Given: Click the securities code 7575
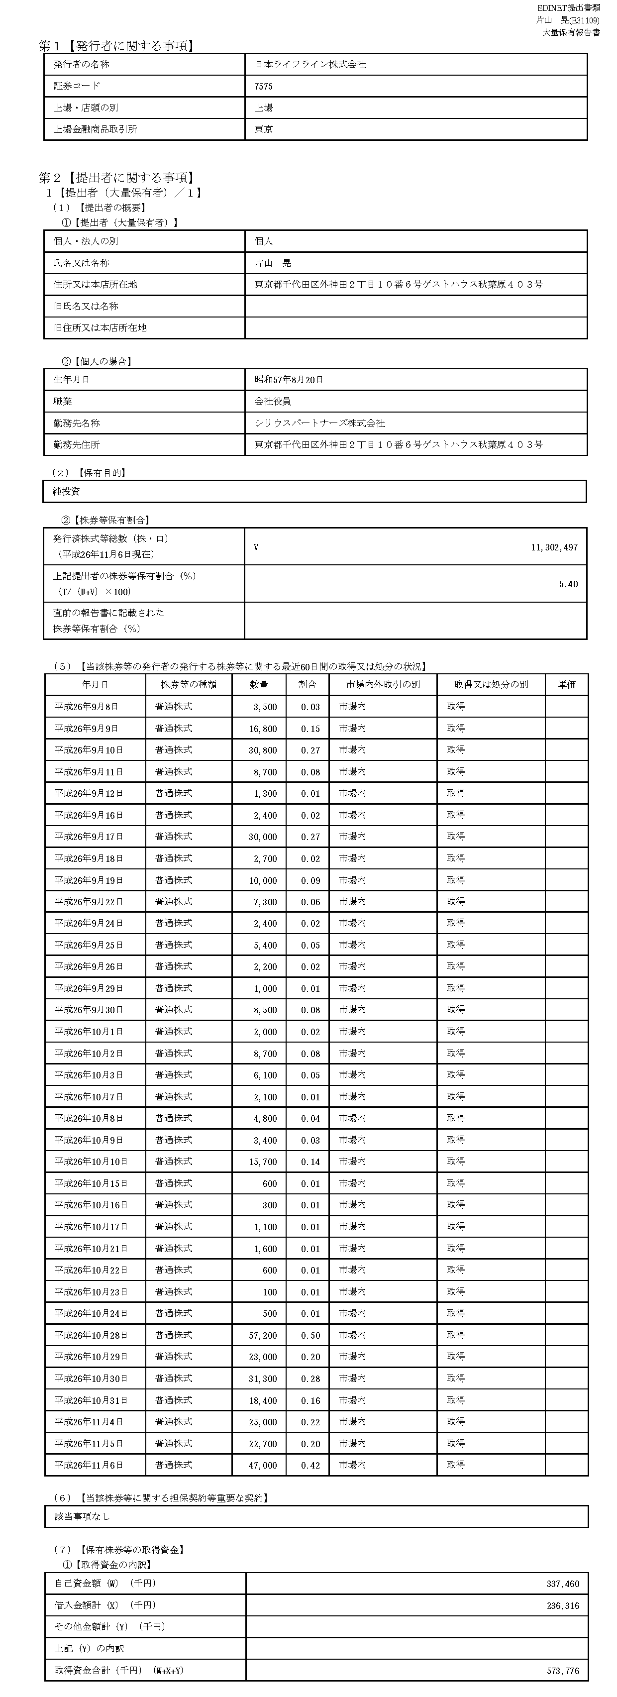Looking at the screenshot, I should click(263, 86).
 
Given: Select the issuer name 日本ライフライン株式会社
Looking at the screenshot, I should click(310, 65).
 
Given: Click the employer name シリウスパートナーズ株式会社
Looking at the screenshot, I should click(319, 423).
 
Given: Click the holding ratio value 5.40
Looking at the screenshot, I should click(568, 584).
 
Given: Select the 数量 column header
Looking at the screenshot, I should click(259, 684).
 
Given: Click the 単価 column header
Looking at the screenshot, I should click(566, 684).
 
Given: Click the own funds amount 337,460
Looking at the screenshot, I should click(563, 1584).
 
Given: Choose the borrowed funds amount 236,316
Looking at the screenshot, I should click(563, 1605).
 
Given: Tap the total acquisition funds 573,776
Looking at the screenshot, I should click(563, 1670).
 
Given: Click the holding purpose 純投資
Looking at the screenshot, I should click(67, 492).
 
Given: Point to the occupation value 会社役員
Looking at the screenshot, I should click(273, 401).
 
